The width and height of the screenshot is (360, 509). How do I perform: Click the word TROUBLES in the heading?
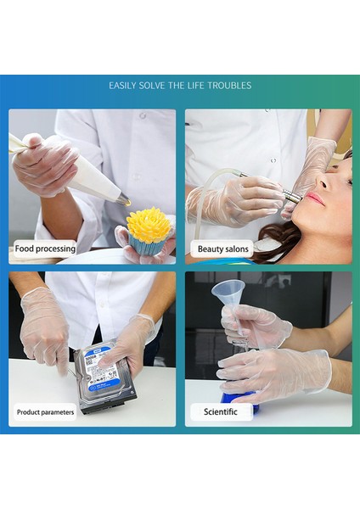point(229,86)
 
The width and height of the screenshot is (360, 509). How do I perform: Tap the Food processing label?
point(45,249)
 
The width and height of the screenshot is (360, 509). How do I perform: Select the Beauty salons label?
point(223,249)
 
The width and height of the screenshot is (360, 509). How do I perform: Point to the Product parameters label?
point(45,412)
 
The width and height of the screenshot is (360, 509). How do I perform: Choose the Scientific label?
point(220,412)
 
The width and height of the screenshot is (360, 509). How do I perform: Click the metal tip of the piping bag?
point(124,199)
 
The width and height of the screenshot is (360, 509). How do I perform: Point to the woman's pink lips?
point(315,198)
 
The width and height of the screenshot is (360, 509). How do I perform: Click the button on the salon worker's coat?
point(273,160)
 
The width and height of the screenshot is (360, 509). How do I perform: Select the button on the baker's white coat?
point(143,115)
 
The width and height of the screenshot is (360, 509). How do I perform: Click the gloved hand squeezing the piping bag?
point(46,167)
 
